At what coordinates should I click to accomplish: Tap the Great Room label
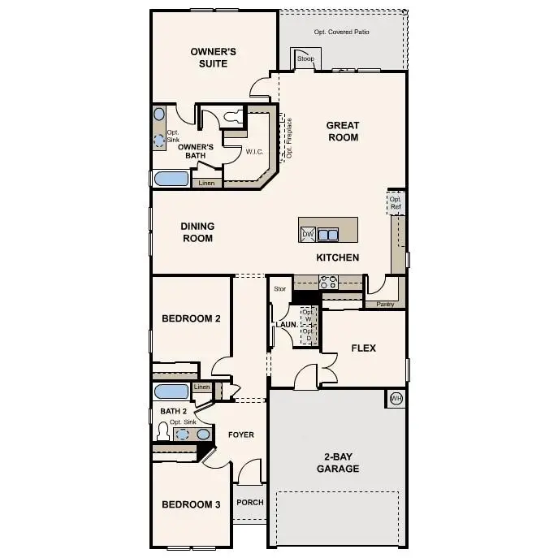(x=342, y=131)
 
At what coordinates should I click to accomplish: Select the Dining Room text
(x=197, y=232)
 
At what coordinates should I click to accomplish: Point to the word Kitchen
(x=338, y=257)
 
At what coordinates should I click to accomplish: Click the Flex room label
(x=363, y=348)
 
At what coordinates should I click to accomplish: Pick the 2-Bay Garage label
(x=338, y=462)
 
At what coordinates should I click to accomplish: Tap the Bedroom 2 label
(x=191, y=319)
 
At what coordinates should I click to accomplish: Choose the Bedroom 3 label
(x=191, y=504)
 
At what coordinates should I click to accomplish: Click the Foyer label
(x=241, y=435)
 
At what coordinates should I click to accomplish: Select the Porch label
(x=250, y=502)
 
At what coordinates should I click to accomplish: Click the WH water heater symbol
(x=396, y=398)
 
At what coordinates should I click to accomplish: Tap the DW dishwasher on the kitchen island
(x=308, y=235)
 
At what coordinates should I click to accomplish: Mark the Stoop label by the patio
(x=305, y=59)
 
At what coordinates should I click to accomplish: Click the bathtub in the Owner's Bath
(x=171, y=180)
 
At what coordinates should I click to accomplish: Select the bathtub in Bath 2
(x=171, y=391)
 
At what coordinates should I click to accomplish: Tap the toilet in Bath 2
(x=162, y=432)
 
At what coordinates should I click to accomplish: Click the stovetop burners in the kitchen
(x=329, y=283)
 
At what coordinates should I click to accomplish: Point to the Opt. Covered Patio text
(x=341, y=32)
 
